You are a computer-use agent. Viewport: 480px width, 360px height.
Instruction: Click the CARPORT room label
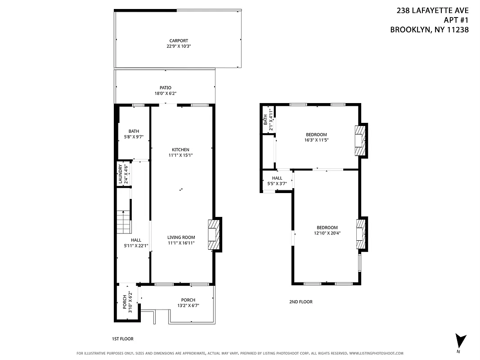[179, 40]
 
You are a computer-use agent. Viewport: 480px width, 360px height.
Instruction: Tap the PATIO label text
[165, 88]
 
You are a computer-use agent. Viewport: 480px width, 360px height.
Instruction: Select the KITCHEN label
[180, 150]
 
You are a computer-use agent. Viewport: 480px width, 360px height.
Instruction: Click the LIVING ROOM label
[181, 238]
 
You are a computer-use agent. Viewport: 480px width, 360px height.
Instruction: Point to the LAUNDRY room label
[120, 174]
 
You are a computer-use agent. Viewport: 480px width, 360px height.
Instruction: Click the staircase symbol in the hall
[123, 221]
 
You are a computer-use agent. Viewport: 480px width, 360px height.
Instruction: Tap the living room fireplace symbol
[214, 234]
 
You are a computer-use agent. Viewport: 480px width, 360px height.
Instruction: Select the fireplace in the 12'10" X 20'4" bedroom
[361, 234]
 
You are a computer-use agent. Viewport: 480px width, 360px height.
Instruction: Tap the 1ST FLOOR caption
[122, 339]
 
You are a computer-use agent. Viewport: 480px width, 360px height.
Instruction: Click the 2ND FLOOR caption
[301, 302]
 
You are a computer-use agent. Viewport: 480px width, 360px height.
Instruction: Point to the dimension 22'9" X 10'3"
[179, 46]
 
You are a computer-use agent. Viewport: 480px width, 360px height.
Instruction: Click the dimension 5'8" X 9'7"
[133, 137]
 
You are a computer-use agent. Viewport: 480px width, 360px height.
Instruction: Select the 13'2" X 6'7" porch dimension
[188, 306]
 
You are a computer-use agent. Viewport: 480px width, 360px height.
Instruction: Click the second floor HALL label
[277, 178]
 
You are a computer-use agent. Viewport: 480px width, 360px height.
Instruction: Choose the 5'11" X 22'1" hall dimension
[136, 246]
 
